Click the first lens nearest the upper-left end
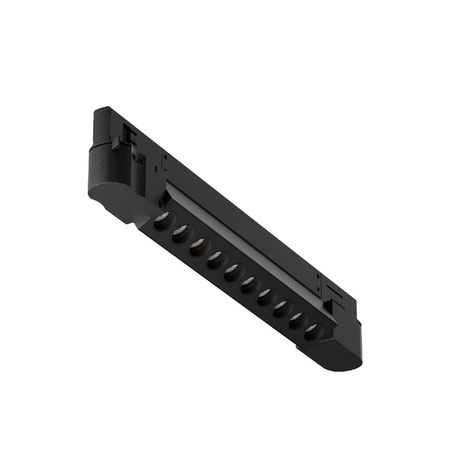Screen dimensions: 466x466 point(161,224)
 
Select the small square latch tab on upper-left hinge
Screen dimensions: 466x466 point(116,145)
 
